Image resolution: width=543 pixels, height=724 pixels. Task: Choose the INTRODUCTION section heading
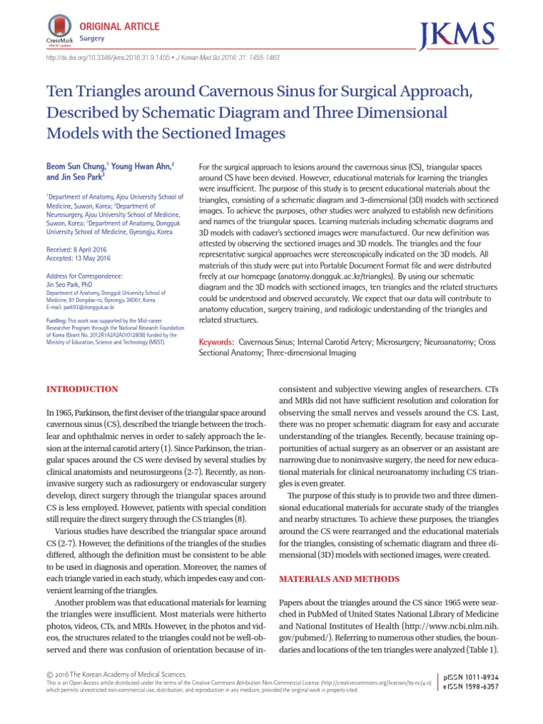[82, 390]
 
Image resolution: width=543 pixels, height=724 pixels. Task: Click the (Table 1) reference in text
[485, 650]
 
